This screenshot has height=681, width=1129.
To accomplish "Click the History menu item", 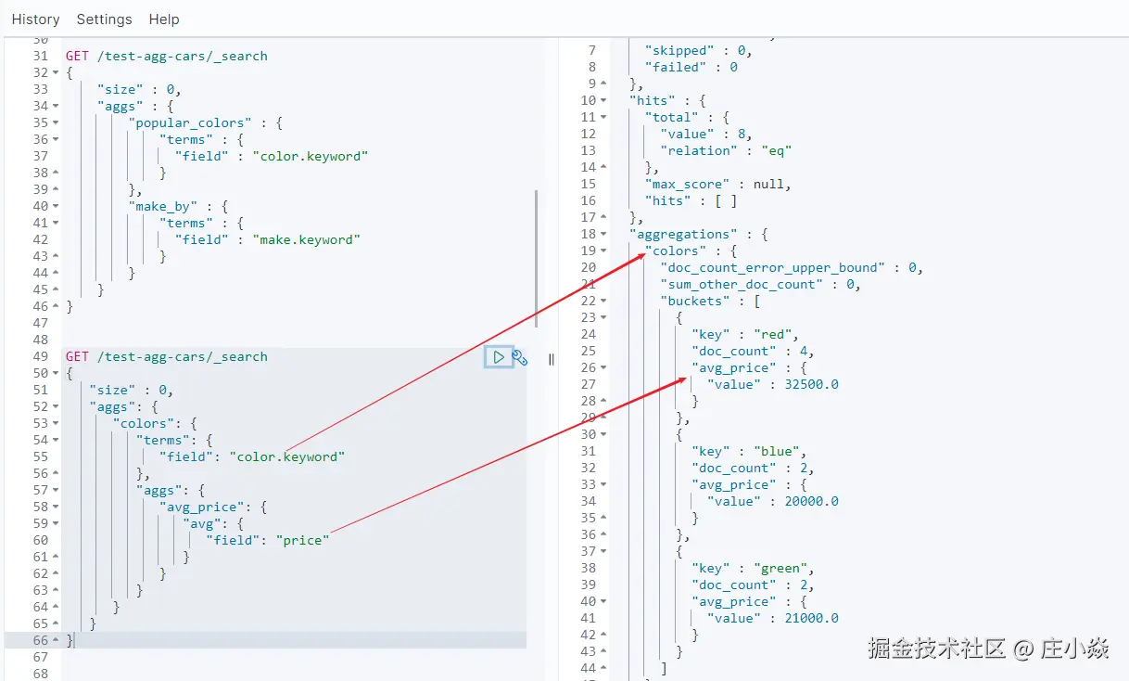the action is tap(35, 19).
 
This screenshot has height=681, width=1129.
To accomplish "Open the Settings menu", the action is tap(104, 19).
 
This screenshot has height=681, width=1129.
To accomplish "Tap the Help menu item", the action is tap(164, 19).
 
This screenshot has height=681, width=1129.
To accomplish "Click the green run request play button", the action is tap(499, 357).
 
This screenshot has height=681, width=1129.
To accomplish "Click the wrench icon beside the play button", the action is tap(520, 357).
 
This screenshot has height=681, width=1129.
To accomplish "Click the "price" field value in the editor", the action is tap(302, 540).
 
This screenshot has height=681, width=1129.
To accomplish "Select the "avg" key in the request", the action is tap(199, 523).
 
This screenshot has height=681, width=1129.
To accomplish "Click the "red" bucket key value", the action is tap(775, 334).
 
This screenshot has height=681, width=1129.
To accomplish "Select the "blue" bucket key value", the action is tap(779, 451).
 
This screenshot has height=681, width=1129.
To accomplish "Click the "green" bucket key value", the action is tap(782, 568).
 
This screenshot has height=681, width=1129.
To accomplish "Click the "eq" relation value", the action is tap(776, 150).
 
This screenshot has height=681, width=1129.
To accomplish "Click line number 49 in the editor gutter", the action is tap(40, 356).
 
